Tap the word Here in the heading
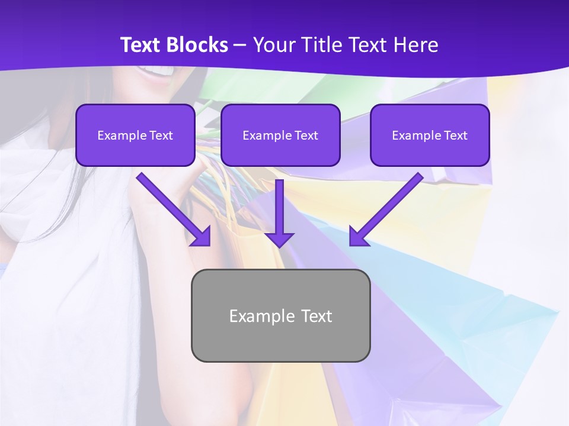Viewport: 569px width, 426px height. click(417, 45)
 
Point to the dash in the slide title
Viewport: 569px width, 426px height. click(240, 46)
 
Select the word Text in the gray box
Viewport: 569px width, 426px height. click(316, 316)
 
